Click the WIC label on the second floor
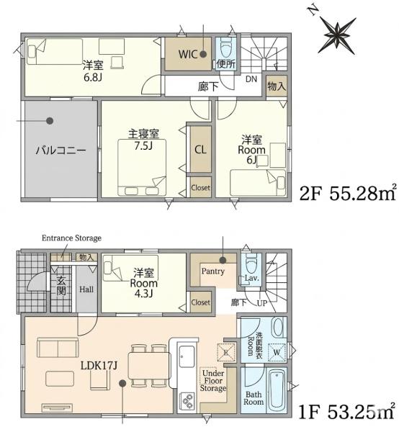tap(188, 54)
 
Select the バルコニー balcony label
tap(61, 150)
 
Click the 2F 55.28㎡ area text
tap(349, 192)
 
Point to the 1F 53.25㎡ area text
tap(347, 412)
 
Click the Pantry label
tap(213, 271)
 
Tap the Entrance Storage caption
tap(71, 238)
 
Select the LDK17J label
tap(99, 366)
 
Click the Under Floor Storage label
tap(213, 381)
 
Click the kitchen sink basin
tap(187, 357)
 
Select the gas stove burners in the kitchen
tap(187, 401)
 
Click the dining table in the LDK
tap(148, 365)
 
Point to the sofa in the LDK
tap(58, 348)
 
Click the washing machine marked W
tap(277, 352)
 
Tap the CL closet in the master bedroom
tap(201, 150)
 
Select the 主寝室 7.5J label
tap(143, 140)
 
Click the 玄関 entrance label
tap(61, 286)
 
